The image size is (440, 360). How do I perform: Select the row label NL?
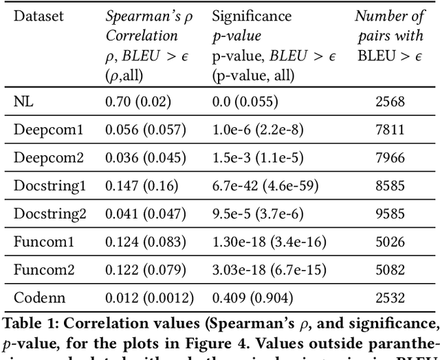[x=23, y=102]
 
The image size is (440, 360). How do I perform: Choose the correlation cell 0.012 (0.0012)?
[x=149, y=298]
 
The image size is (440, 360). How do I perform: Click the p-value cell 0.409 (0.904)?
[x=251, y=298]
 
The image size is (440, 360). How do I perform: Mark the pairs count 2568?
[x=390, y=102]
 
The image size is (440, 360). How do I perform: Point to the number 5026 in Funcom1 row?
[x=390, y=242]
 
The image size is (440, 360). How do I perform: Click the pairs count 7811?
[x=390, y=130]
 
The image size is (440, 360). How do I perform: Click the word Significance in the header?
[x=252, y=16]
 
